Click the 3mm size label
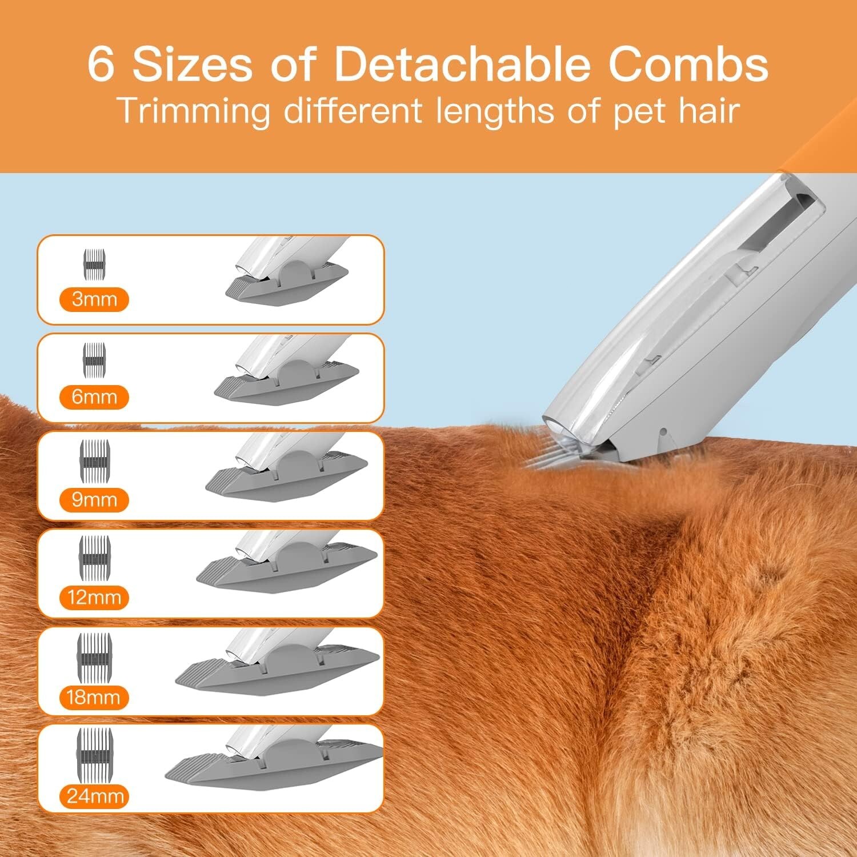tap(94, 299)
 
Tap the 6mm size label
tap(94, 397)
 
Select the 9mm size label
tap(94, 500)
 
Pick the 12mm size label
tap(94, 598)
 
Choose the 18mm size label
tap(93, 697)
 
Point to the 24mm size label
tap(95, 796)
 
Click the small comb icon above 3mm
tap(95, 265)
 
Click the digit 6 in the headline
tap(101, 64)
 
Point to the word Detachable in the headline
tap(462, 64)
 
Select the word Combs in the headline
tap(688, 64)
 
